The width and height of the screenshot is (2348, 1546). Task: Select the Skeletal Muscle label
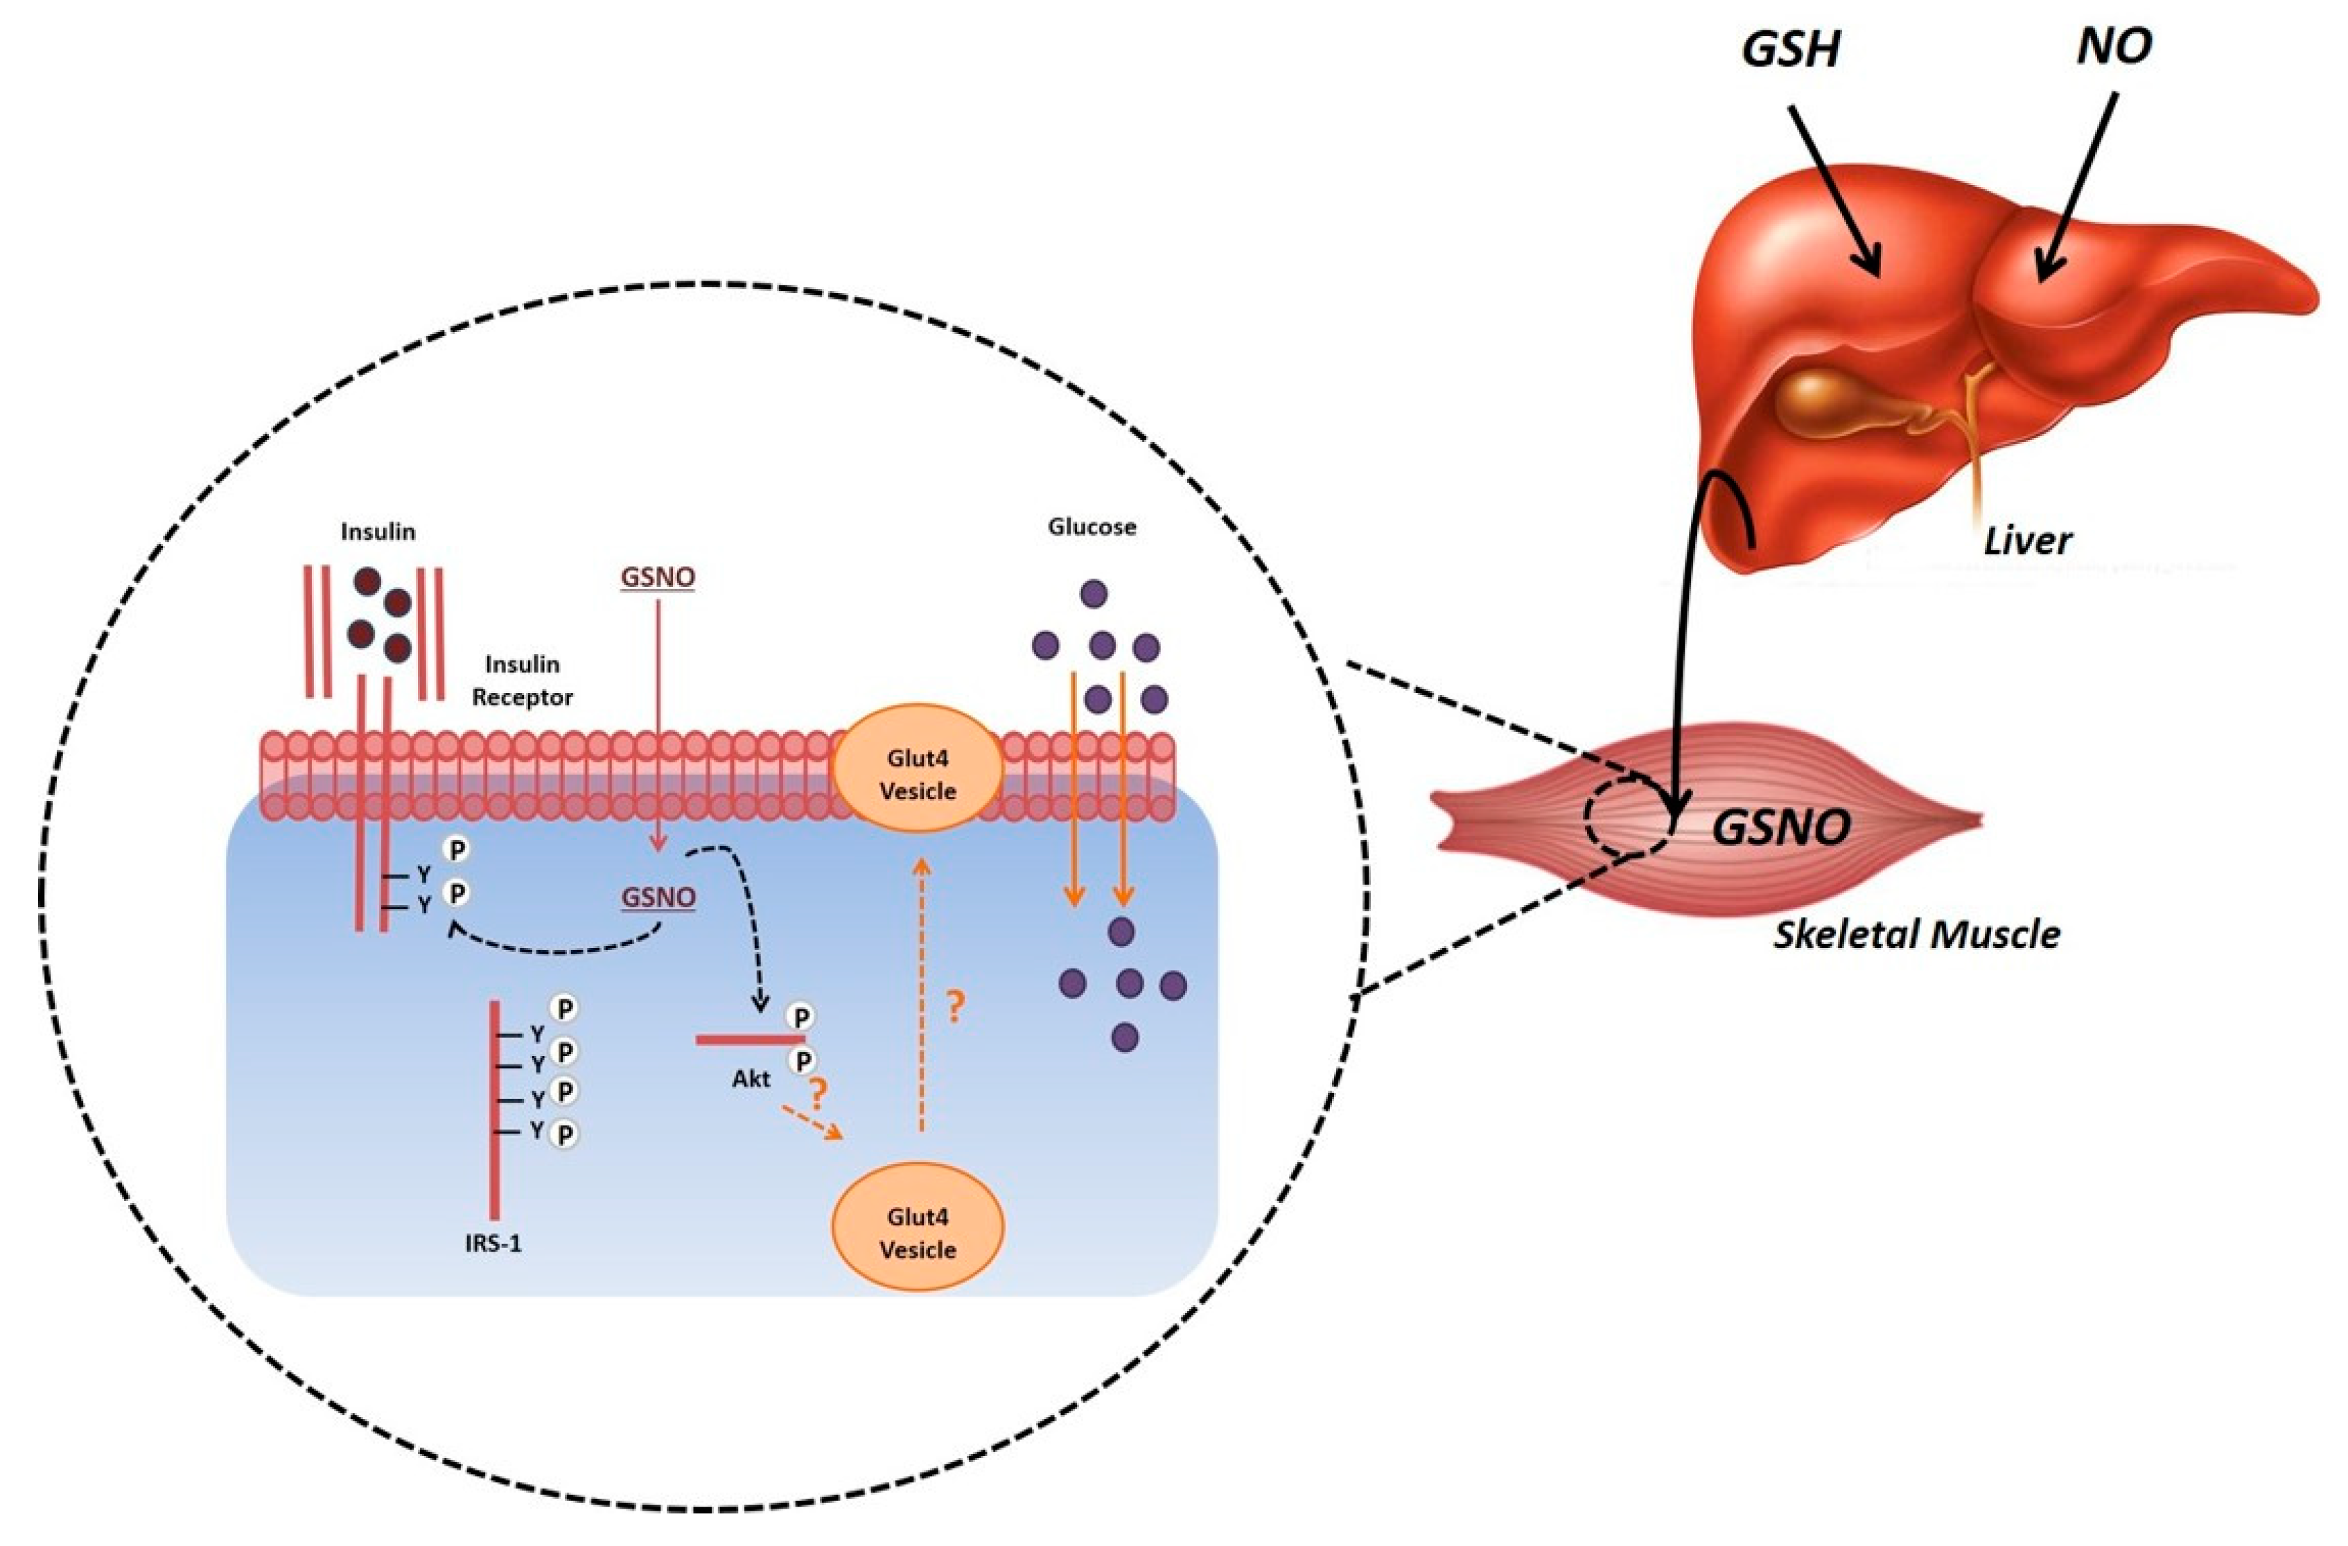pos(1916,934)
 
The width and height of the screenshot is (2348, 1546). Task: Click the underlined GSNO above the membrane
pos(657,576)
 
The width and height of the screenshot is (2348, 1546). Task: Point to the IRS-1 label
pos(493,1244)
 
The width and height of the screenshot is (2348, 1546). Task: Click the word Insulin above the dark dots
pos(378,532)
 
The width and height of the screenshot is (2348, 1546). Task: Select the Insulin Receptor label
pos(522,680)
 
